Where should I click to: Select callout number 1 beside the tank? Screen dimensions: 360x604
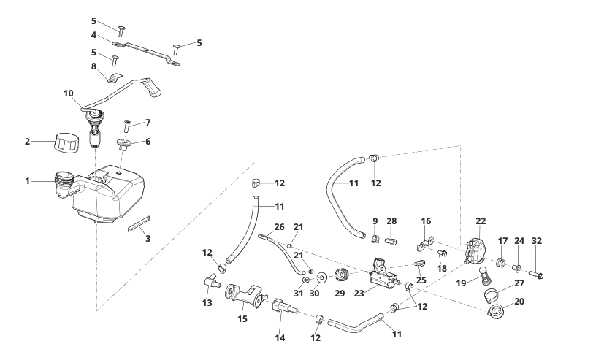(x=27, y=180)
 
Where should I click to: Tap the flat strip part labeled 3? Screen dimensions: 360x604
(x=137, y=223)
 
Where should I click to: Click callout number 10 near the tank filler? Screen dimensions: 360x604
(x=69, y=93)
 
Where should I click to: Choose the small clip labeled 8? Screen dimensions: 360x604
(x=113, y=76)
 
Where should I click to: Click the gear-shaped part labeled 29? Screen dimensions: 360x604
(x=340, y=277)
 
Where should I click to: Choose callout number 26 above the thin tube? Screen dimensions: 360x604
(x=278, y=227)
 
